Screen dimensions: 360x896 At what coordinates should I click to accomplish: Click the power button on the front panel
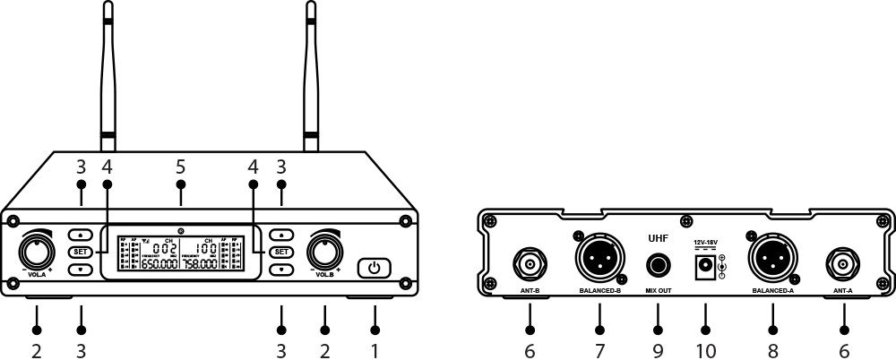click(375, 267)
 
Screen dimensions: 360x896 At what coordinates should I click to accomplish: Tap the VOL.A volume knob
click(38, 248)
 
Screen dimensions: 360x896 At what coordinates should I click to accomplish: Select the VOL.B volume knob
click(324, 248)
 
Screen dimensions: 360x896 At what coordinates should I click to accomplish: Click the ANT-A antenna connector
click(843, 263)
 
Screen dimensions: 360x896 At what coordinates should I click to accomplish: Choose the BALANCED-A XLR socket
click(771, 259)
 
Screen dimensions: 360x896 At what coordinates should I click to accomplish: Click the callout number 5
click(181, 167)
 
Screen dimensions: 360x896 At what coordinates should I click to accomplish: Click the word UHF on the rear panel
click(659, 239)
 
